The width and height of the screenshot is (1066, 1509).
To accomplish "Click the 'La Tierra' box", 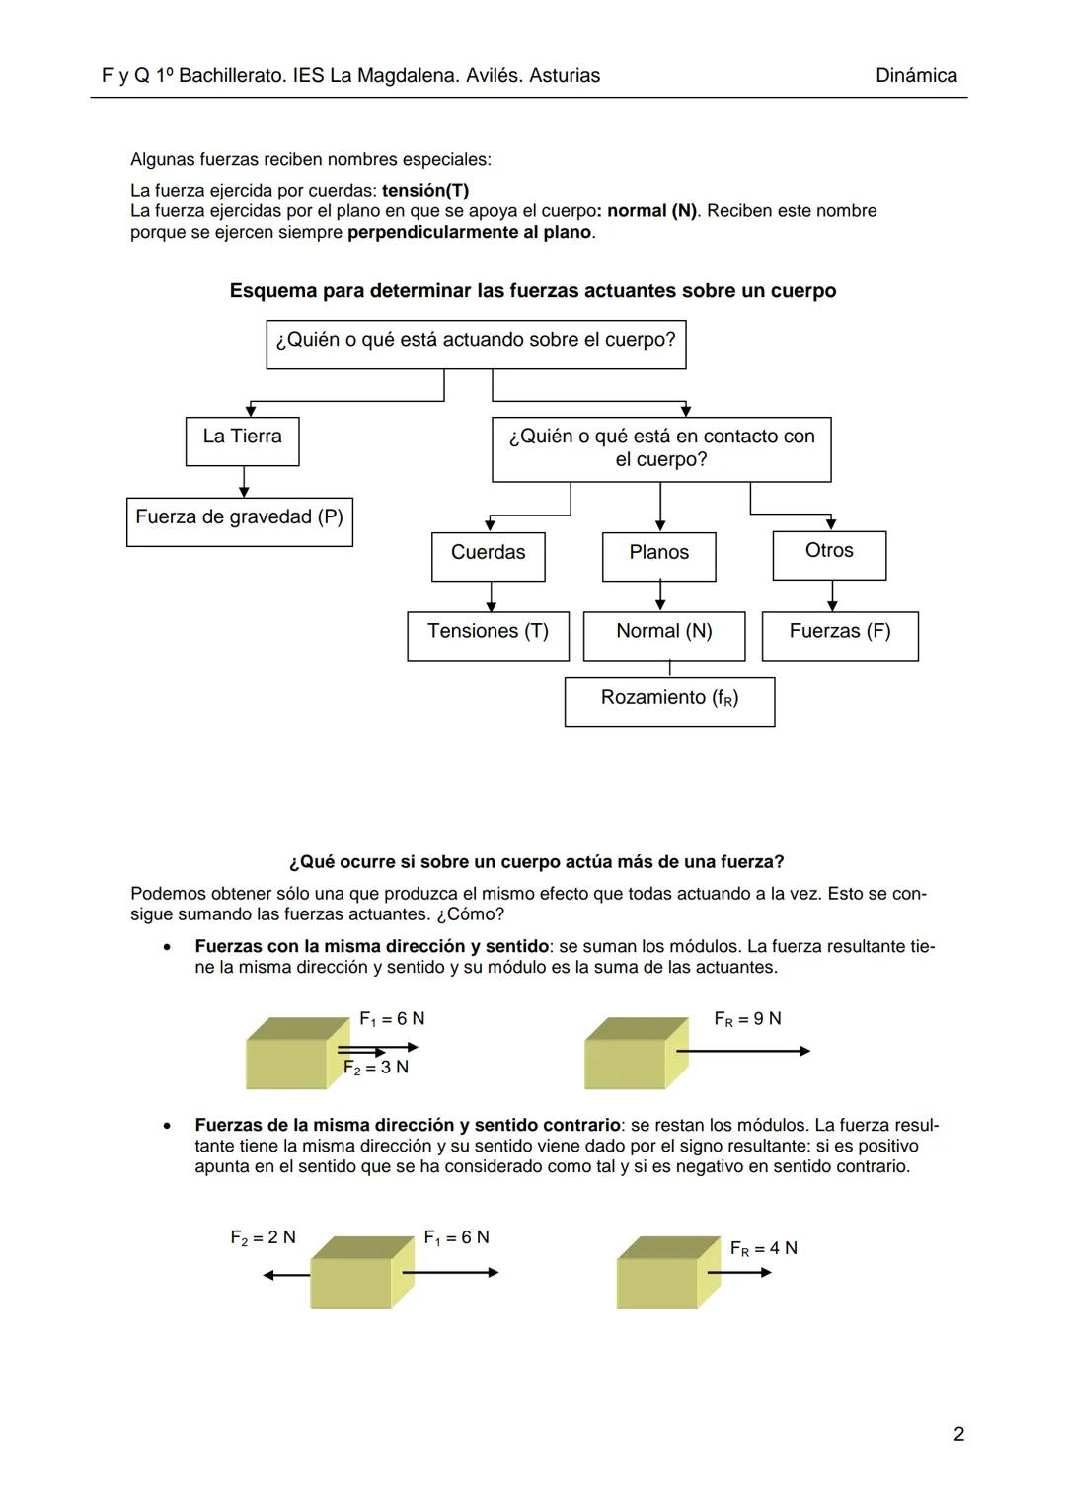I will point(242,440).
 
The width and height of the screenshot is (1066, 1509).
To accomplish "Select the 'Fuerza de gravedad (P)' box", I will point(240,521).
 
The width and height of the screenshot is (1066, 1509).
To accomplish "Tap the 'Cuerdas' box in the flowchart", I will point(489,556).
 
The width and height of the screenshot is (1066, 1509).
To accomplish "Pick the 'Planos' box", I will point(659,556).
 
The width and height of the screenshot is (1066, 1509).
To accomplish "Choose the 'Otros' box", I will point(830,555).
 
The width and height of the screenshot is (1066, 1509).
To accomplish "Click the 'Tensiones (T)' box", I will point(489,636).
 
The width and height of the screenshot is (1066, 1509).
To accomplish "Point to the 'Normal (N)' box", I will point(664,636).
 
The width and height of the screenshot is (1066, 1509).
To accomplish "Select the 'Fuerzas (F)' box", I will point(840,636).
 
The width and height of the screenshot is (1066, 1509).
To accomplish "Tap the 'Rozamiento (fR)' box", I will point(670,701).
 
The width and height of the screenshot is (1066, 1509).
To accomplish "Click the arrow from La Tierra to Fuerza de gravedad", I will point(244,482).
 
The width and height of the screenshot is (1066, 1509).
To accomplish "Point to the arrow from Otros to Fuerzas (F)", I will point(833,596).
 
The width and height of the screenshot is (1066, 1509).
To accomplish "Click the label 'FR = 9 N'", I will point(747,1018).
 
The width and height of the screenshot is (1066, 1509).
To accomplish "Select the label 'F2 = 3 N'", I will point(376,1068).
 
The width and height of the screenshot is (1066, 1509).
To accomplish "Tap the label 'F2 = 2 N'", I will point(263,1237).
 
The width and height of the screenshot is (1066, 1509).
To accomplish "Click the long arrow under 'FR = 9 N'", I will point(742,1051).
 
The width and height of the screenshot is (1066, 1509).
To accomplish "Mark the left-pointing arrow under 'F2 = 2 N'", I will point(286,1275).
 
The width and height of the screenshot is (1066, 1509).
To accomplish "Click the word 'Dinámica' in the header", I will point(916,76).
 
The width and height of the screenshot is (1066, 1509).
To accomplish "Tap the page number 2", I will point(958,1434).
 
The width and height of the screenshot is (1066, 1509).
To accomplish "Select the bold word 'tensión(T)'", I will point(425,190).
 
